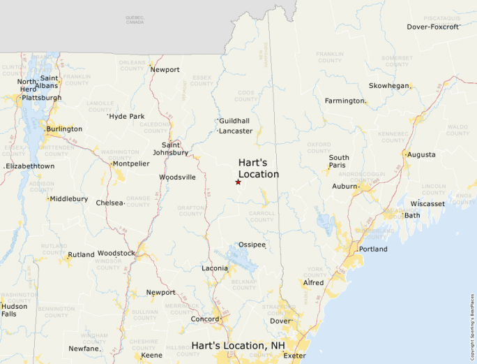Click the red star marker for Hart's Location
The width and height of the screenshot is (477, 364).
coord(238,182)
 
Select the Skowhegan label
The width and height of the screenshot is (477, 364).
coord(389,86)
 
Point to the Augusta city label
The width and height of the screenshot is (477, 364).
coord(421,154)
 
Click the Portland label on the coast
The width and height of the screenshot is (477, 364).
coord(373,249)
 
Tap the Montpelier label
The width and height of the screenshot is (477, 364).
coord(131,163)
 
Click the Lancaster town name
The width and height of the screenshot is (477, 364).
coord(236,131)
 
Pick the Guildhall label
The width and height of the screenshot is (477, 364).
coord(234,121)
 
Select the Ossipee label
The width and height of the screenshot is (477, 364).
coord(252,245)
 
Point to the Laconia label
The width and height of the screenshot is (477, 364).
coord(215,268)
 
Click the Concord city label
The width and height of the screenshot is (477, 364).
coord(206,319)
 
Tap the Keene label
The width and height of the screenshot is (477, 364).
coord(152,356)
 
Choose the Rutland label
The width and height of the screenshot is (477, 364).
coord(81,254)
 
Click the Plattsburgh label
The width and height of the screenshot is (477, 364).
coord(42,98)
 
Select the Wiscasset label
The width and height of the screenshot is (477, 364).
coord(427,204)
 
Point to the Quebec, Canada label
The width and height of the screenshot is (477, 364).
coord(135,20)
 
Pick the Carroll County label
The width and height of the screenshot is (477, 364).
coord(262,216)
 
